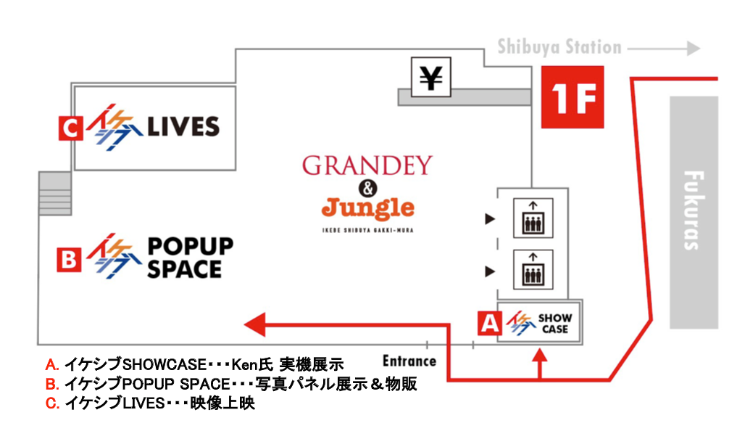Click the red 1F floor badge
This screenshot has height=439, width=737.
coord(572,97)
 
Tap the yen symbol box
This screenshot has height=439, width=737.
coord(431,77)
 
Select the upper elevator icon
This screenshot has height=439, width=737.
coord(533,218)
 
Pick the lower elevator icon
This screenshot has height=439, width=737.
coord(533,270)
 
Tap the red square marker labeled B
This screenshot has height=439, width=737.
coord(67,260)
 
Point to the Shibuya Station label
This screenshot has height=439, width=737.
coord(559,48)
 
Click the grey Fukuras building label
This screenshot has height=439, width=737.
coord(693,210)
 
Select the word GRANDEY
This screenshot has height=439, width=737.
coord(367,165)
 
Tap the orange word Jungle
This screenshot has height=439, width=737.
coord(367,209)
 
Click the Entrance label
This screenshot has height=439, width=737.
coord(409,361)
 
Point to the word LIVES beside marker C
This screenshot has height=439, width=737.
coord(183,128)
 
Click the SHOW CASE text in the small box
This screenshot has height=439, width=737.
coord(555,324)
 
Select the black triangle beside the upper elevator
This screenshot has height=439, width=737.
coord(490,218)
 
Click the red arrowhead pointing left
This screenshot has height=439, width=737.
coord(254,323)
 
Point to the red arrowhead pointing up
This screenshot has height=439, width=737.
coord(540,356)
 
